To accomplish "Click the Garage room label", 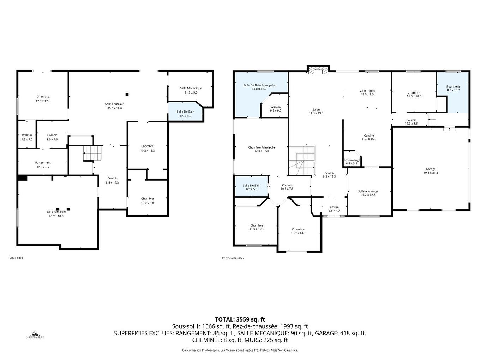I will click(431, 169).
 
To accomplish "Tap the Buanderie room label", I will click(453, 86).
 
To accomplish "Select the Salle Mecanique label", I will click(191, 88).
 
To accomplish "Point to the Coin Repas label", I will click(367, 91).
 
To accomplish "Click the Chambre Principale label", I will click(261, 148).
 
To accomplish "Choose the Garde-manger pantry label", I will click(352, 160).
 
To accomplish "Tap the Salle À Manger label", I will click(368, 191).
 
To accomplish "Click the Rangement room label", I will click(43, 163).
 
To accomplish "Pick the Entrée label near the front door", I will click(334, 207).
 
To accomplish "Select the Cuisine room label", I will click(369, 136).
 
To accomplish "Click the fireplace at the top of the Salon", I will click(318, 71).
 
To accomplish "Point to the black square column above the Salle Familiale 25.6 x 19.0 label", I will click(127, 94).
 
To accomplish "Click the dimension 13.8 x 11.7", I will click(259, 89).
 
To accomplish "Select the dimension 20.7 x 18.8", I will click(56, 216).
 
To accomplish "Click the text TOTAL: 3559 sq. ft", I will click(240, 319).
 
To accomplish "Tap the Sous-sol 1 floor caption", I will click(16, 258).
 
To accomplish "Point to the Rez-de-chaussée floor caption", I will click(233, 258).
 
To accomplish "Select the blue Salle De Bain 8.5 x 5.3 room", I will click(251, 187).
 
